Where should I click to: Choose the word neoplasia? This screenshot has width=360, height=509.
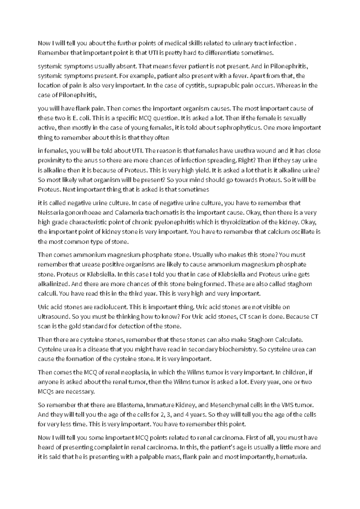tap(134, 372)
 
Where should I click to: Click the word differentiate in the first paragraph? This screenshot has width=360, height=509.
tap(222, 53)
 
